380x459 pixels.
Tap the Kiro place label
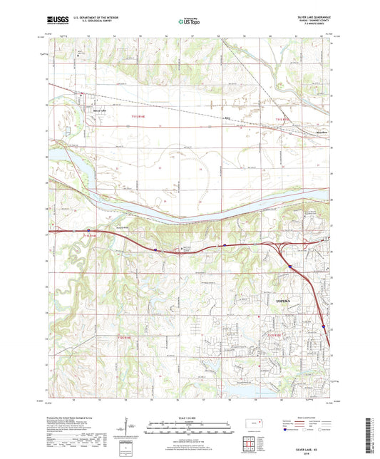228,119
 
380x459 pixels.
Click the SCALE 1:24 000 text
189,418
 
